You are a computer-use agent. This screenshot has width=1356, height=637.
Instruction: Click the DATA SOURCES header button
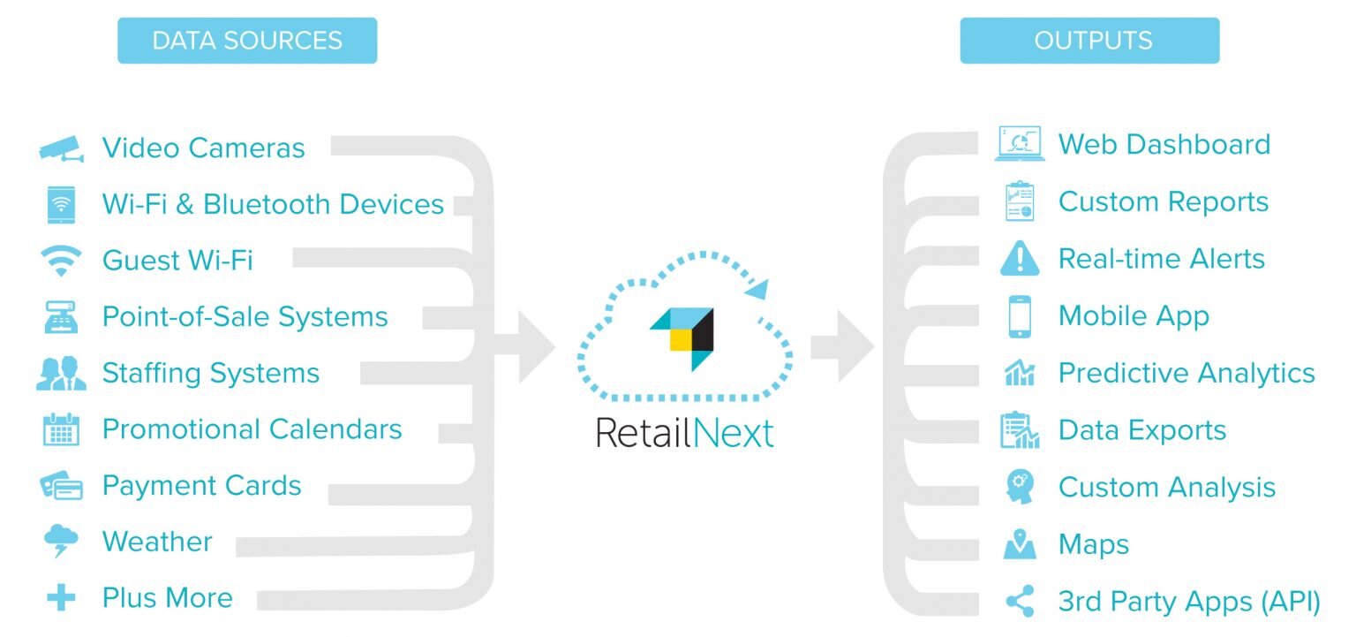(247, 41)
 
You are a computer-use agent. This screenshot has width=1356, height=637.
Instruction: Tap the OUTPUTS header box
(1089, 41)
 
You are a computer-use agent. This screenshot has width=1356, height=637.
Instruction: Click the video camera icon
(62, 148)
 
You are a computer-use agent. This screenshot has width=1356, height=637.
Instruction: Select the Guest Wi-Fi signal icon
(61, 261)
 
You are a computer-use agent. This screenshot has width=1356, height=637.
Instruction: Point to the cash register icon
(61, 317)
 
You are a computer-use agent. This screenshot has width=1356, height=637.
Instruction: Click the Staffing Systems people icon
(61, 373)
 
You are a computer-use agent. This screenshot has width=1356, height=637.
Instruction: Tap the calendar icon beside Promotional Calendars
(61, 429)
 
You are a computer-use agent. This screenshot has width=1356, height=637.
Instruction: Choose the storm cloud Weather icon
(61, 541)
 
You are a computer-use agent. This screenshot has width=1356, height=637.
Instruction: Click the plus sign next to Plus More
(61, 597)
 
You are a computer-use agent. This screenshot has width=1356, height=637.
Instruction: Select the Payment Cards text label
(201, 486)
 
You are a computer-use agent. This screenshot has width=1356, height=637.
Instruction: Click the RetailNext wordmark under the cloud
(685, 433)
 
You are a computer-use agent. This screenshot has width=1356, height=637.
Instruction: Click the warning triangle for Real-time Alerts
(1020, 259)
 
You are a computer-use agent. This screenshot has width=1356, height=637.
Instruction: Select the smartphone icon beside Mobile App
(1020, 316)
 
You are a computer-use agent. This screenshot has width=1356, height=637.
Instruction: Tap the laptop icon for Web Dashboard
(1020, 144)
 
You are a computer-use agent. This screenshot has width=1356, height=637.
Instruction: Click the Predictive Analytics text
(1186, 374)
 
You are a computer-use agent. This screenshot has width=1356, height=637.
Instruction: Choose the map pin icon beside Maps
(1020, 543)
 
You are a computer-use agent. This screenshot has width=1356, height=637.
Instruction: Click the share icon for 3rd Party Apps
(1021, 602)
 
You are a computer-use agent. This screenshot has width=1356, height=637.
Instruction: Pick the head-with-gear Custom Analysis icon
(1020, 487)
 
